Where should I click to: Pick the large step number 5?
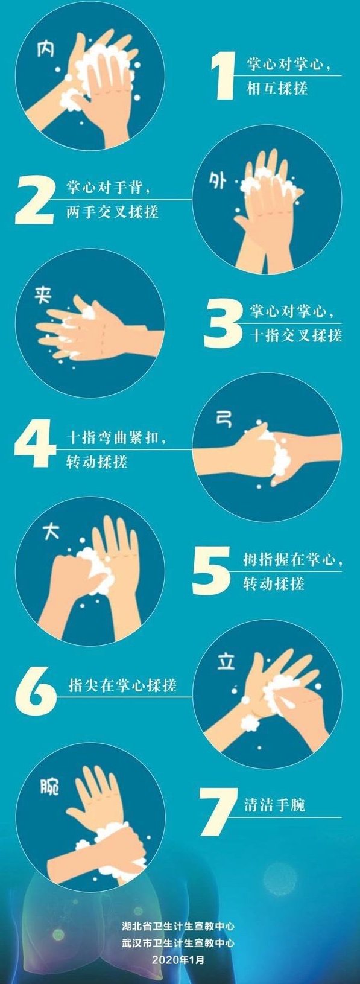[211, 570]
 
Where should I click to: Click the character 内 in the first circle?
[46, 49]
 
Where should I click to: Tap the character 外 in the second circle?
[217, 180]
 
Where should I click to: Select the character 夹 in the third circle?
[43, 296]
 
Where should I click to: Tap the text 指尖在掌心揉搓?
[122, 685]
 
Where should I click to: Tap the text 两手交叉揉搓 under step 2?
[112, 212]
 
